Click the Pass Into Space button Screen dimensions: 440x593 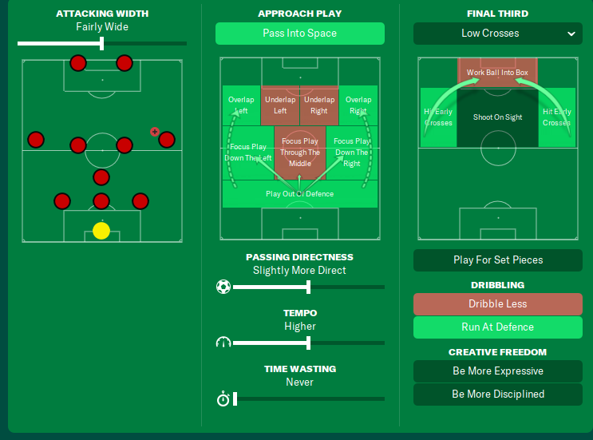[x=299, y=34]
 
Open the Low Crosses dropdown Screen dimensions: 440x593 [x=497, y=34]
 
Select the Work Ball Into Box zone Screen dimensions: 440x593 [x=497, y=73]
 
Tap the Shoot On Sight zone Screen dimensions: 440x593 [x=497, y=117]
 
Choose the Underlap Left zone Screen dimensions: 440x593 [x=280, y=105]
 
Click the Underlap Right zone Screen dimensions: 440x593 [x=319, y=105]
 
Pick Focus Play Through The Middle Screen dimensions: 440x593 [x=299, y=153]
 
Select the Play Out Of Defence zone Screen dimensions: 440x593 [x=299, y=194]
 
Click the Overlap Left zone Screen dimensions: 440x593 [x=241, y=105]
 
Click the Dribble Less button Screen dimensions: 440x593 [x=497, y=304]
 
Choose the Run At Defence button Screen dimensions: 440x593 [x=497, y=327]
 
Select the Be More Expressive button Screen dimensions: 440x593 [x=497, y=371]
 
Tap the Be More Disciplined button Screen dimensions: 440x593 [x=497, y=394]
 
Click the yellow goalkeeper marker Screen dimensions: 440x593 [x=101, y=231]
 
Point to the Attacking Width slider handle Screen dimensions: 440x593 [x=102, y=43]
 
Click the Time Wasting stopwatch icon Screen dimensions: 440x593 [x=223, y=398]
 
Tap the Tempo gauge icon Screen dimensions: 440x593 [x=223, y=343]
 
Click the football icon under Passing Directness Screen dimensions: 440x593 [x=223, y=287]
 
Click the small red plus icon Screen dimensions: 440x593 [x=155, y=132]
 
